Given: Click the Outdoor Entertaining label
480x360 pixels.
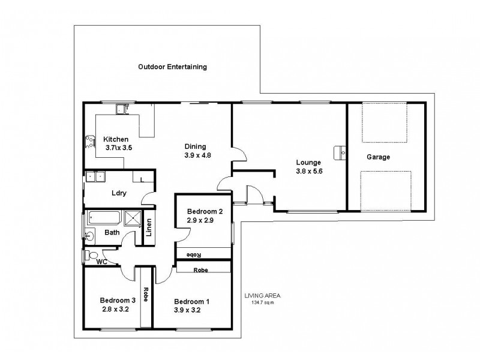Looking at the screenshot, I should [172, 67].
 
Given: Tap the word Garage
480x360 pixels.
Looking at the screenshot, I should [378, 157].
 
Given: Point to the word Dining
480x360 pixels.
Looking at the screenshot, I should [195, 146].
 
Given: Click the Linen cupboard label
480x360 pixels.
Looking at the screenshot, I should [149, 229].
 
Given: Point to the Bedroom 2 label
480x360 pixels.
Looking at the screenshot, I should [205, 211].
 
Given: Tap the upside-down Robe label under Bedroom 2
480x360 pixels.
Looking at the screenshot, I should [193, 254].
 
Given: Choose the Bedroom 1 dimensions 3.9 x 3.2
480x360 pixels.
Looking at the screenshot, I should [192, 310].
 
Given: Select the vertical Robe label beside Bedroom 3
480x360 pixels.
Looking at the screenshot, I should [145, 296].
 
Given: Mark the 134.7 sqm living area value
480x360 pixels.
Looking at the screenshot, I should [262, 302].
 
